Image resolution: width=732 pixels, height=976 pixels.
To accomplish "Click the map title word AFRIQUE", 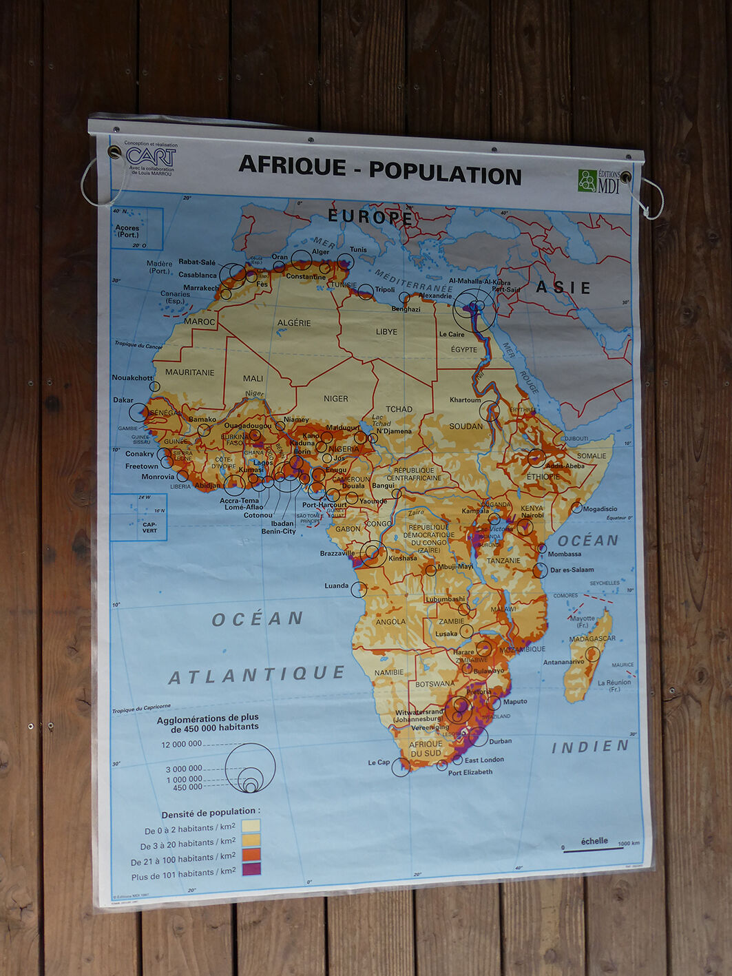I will coord(292,165).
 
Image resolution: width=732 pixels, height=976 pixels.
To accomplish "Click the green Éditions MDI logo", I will coord(587,180).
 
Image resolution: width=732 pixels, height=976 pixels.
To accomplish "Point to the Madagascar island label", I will coord(592,638).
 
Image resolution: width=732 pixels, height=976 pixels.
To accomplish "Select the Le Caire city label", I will coord(452,335).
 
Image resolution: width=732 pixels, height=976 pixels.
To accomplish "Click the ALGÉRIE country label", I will coord(294,323).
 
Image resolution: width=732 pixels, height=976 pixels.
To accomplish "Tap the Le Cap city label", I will coord(378,762).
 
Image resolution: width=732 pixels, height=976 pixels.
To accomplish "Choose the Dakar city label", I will coord(123,400).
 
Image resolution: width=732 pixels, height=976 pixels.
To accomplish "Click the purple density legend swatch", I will coord(251,869).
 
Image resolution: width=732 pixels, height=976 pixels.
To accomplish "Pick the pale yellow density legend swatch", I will coord(251,825).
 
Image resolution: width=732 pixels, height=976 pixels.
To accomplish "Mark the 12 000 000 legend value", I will coord(181,744).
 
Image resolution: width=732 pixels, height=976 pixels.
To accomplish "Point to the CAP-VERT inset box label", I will coord(149,527).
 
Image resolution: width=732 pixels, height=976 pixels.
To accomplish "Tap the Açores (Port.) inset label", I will coord(127,231).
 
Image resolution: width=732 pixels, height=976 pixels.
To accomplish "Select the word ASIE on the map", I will coord(563,287).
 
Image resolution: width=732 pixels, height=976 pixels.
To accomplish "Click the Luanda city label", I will coord(336,585).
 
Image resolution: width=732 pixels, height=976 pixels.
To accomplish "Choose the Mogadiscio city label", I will coord(600,509).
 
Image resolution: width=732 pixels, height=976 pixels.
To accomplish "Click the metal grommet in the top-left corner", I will coord(114,152).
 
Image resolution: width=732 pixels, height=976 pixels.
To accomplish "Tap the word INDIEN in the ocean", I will coord(590,747).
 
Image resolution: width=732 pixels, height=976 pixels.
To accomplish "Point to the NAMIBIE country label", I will coord(389,673).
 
